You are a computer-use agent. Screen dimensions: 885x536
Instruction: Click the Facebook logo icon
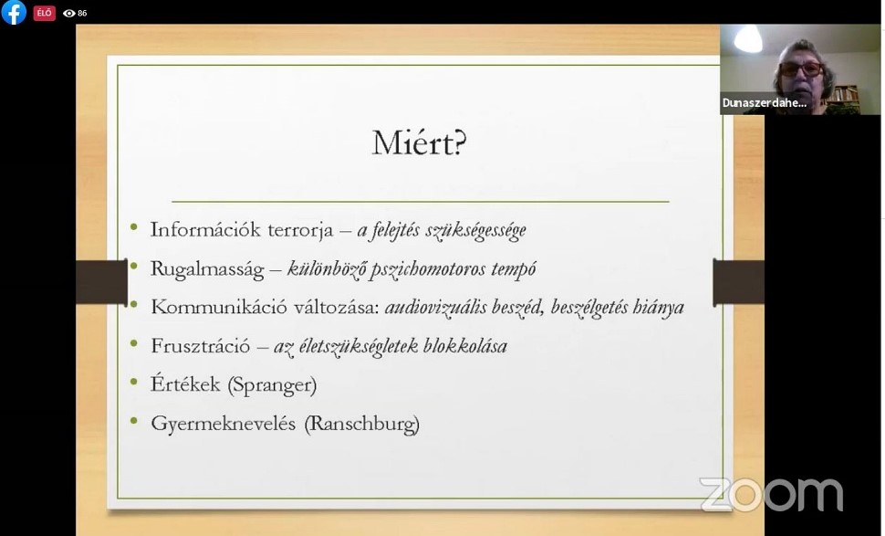(x=14, y=12)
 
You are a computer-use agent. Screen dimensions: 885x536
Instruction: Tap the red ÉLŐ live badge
(x=44, y=13)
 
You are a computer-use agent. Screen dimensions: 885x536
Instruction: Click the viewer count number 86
(x=82, y=13)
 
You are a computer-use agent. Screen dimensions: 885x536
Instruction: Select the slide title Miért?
(x=420, y=142)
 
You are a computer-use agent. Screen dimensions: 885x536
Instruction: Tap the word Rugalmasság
(x=207, y=269)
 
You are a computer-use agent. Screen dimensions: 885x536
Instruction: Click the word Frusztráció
(x=201, y=346)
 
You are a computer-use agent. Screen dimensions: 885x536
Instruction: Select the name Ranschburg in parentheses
(x=362, y=424)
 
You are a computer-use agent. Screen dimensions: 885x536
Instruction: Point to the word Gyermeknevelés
(x=223, y=425)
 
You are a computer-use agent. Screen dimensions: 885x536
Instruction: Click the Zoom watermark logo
(x=771, y=494)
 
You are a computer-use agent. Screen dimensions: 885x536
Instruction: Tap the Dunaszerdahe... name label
(x=765, y=103)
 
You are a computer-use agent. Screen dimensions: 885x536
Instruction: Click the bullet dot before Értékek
(x=134, y=382)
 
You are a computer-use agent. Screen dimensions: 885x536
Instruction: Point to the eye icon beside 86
(x=68, y=13)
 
